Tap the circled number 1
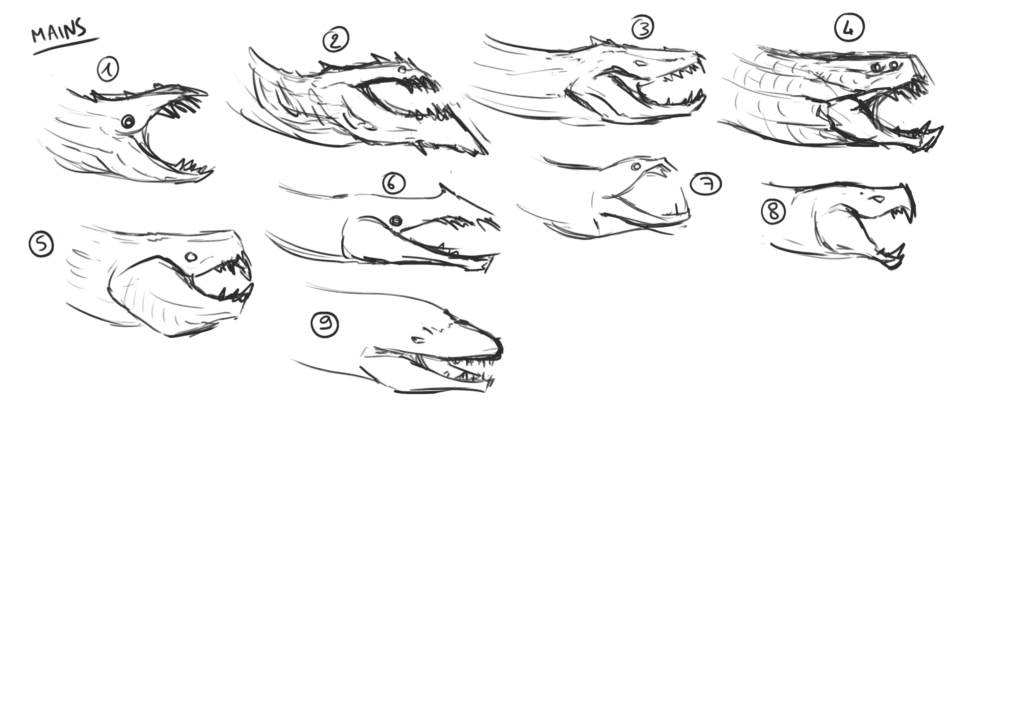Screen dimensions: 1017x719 108,70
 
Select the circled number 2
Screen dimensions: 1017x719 336,39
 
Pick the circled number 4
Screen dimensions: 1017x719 849,28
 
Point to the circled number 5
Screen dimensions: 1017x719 41,245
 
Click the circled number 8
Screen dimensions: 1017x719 773,211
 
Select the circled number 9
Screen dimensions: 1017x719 325,324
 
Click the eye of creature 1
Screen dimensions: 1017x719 129,121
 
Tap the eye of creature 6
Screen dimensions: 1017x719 396,220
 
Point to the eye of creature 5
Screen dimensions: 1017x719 191,256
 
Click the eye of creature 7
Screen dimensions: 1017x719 636,166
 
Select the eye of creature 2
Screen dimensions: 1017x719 402,70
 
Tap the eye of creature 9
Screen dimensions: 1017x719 417,340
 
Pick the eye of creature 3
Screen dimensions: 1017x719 640,64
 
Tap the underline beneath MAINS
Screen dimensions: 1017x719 66,46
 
